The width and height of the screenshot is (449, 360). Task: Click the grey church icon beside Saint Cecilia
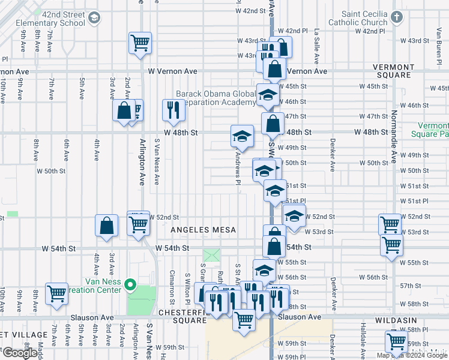[x=397, y=17]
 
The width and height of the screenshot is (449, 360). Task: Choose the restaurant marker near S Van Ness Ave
[x=172, y=110]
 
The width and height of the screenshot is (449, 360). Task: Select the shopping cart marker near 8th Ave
[x=57, y=293]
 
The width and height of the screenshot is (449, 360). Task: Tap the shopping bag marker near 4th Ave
[x=106, y=226]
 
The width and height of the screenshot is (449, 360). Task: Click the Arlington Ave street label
[x=142, y=161]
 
